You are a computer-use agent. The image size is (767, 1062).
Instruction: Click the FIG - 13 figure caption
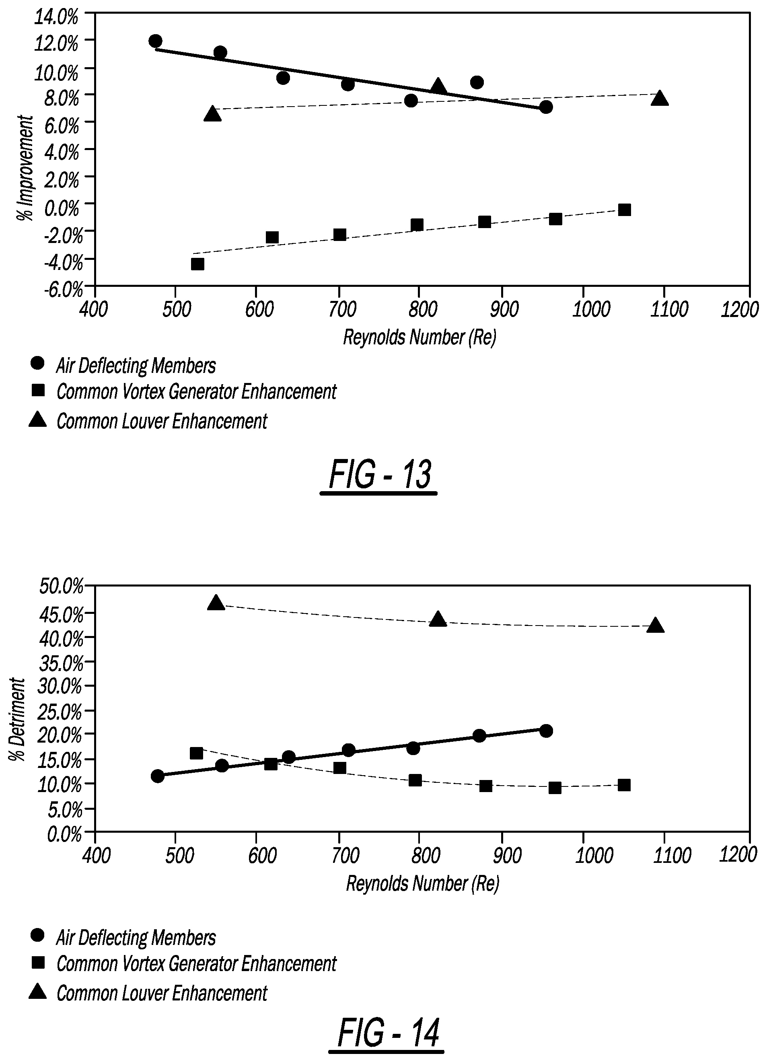379,475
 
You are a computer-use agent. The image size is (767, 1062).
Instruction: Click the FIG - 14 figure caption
388,1033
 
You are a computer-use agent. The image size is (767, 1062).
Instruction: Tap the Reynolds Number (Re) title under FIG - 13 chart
419,337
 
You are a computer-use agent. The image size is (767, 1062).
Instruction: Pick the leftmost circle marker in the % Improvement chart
156,41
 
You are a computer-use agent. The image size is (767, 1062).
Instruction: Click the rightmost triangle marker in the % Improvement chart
659,98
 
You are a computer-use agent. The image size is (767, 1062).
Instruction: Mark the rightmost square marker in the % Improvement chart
624,210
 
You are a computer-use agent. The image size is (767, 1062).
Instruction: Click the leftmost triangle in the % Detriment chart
216,603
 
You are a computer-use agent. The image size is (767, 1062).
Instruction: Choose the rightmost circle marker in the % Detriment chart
546,731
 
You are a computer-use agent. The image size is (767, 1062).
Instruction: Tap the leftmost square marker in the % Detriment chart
196,753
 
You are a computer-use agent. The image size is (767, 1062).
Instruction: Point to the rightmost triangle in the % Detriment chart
656,626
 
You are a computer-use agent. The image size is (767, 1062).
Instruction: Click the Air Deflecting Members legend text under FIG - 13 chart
136,366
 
